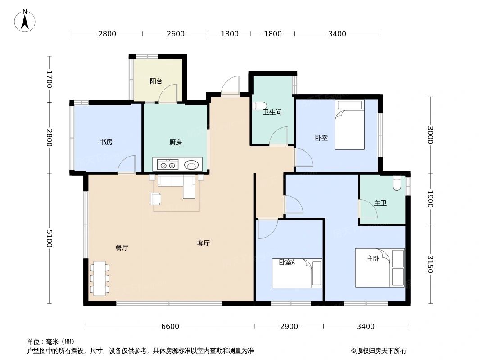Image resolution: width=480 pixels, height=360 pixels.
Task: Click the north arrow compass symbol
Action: click(x=25, y=21)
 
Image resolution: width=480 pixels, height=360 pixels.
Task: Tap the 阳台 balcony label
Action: click(x=156, y=81)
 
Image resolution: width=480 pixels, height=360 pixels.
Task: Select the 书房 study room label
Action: click(x=106, y=142)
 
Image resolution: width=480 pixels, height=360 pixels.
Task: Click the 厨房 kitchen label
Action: click(x=176, y=143)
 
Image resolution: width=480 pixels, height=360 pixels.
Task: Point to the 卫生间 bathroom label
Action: click(x=272, y=112)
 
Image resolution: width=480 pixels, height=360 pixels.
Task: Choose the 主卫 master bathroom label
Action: click(x=380, y=203)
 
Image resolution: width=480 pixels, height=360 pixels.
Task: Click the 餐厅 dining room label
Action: click(x=122, y=247)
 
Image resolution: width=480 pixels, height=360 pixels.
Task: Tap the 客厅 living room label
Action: click(x=204, y=243)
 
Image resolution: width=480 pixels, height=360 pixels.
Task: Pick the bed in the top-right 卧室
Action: click(x=349, y=125)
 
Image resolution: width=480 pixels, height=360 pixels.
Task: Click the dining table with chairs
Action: click(x=100, y=278)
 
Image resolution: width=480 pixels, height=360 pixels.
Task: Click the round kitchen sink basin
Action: click(x=192, y=165)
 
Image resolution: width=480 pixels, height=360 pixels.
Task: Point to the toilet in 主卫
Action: click(x=397, y=183)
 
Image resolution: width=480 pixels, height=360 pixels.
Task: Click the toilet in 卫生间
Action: click(x=258, y=106)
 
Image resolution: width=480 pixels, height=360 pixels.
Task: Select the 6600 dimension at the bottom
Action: click(x=170, y=326)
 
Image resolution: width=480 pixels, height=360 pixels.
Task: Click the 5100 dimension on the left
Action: click(x=49, y=238)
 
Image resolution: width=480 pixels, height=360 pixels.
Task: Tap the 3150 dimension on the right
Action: click(x=430, y=264)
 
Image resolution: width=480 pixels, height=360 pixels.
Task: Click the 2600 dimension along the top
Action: click(x=175, y=34)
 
